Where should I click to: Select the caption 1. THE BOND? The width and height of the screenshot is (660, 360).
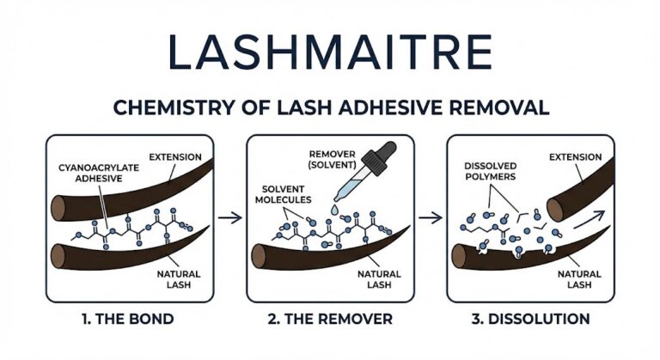[x=128, y=319]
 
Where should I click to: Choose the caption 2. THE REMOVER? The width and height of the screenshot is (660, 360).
[x=330, y=319]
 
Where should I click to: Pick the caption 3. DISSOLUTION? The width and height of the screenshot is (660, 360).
[x=530, y=319]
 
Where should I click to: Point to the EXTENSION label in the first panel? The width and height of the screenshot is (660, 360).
[x=174, y=157]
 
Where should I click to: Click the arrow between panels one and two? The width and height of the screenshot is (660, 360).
[x=229, y=218]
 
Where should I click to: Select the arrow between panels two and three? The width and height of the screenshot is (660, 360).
[x=431, y=218]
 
